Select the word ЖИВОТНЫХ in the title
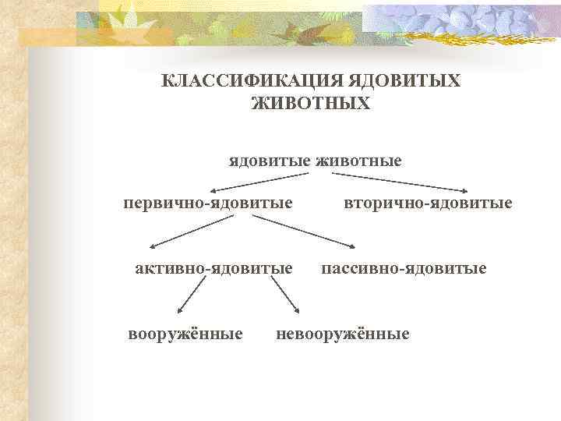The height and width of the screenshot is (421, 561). pos(312,103)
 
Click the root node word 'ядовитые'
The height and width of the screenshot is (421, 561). pos(269,161)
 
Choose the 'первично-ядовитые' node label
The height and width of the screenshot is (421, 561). pos(208,203)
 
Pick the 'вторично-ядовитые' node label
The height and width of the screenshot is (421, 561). pos(428,203)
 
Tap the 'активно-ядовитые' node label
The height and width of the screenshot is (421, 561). pos(213,269)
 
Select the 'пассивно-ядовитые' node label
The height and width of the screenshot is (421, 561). pos(404,269)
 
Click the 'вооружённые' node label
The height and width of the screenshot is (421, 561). pos(185,334)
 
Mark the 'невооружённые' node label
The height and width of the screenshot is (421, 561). pos(342,334)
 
